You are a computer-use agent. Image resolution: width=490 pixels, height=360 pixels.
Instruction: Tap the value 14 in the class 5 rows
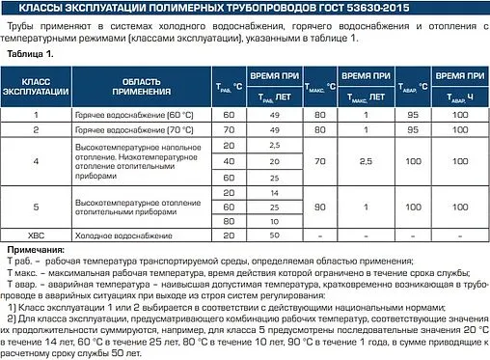coord(275,192)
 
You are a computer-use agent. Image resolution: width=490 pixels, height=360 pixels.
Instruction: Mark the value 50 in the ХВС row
coord(275,234)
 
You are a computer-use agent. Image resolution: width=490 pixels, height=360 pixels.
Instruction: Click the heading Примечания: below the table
coord(37,249)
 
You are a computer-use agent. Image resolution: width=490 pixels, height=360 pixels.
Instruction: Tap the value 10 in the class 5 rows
coord(275,220)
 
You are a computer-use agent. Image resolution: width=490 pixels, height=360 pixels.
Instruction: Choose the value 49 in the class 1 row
coord(275,114)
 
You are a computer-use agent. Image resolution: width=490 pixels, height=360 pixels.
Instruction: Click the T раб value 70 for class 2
coord(229,128)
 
